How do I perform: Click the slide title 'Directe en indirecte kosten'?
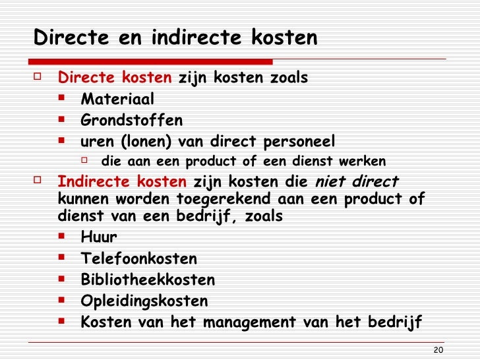click(x=175, y=38)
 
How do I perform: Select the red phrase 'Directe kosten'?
click(x=115, y=78)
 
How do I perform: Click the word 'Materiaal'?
click(x=117, y=100)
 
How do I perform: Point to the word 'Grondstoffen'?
click(x=132, y=121)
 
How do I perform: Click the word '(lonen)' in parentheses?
click(x=146, y=142)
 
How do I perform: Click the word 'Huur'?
click(x=99, y=237)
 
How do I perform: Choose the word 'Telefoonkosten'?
click(x=138, y=259)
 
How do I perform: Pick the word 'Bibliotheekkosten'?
click(x=148, y=280)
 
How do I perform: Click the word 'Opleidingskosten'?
click(x=144, y=301)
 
